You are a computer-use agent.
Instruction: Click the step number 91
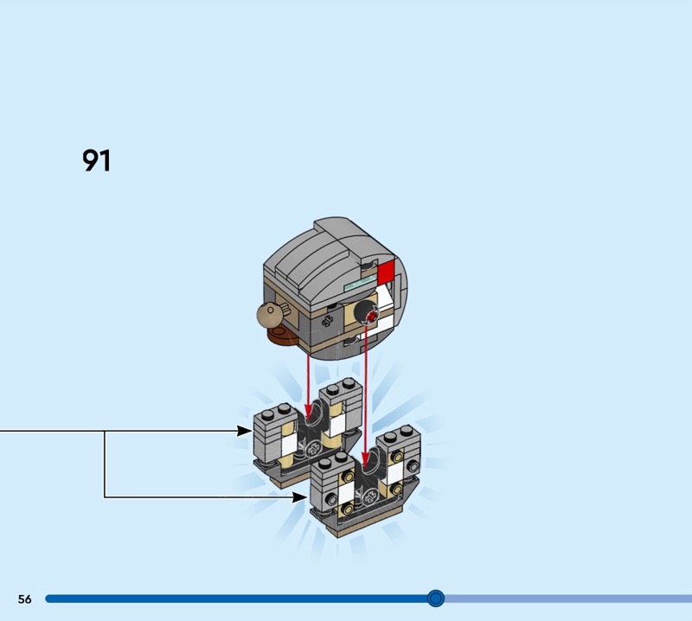pos(97,160)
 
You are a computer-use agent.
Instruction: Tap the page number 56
pos(25,599)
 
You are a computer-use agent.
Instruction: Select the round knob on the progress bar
pos(436,599)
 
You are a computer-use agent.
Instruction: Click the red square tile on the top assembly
pos(386,271)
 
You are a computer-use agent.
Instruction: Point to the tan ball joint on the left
pos(269,315)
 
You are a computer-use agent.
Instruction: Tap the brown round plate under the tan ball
pos(280,336)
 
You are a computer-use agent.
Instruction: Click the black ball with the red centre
pos(368,313)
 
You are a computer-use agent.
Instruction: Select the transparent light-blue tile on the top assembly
pos(360,283)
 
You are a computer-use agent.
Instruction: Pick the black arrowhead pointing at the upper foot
pos(244,431)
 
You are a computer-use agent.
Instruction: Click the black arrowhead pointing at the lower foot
pos(299,497)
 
